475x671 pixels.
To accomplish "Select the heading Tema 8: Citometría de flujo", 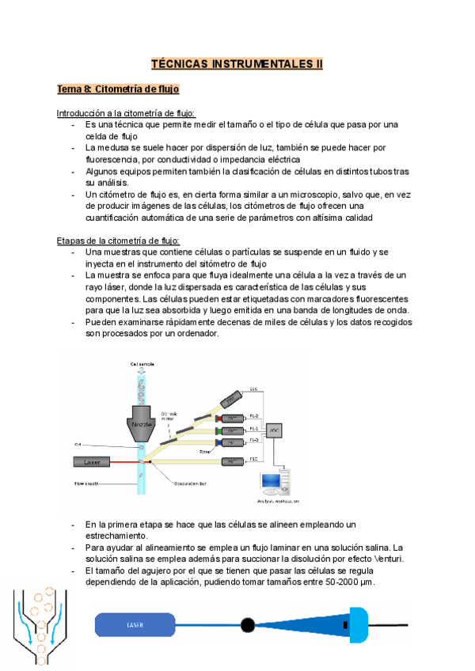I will point(118,89).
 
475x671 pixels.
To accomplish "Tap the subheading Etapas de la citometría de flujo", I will point(118,241).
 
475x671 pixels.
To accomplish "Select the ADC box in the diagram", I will point(274,430).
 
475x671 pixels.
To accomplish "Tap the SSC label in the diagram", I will point(254,389).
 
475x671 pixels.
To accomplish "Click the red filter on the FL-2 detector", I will point(218,416).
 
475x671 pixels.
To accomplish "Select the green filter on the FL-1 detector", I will point(218,430).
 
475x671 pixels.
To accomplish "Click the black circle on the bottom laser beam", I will point(248,625).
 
